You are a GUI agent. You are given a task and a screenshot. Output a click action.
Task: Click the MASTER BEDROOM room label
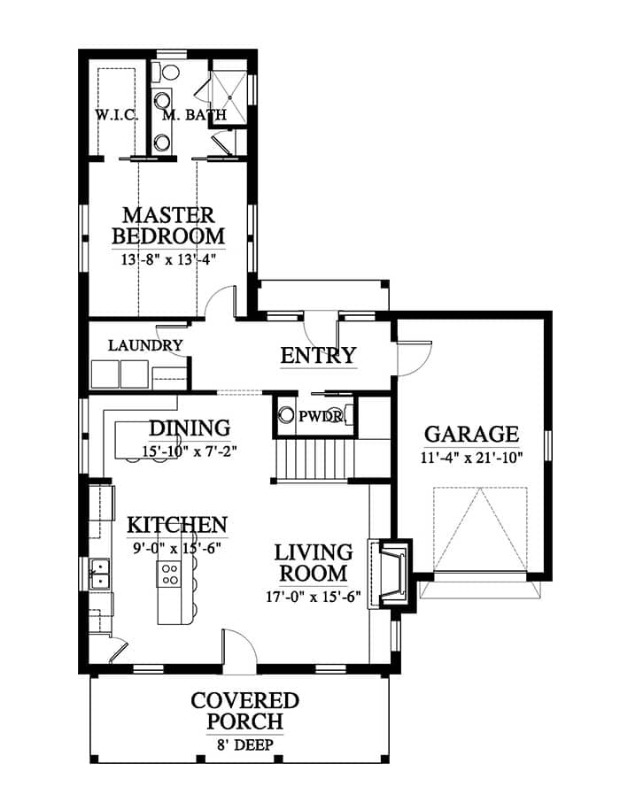[168, 226]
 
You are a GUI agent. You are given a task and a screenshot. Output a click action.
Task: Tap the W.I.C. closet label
[116, 114]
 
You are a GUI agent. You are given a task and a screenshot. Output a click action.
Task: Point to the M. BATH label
[194, 114]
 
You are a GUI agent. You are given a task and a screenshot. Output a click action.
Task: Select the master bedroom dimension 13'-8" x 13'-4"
[168, 259]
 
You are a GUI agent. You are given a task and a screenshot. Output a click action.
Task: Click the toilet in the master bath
[166, 72]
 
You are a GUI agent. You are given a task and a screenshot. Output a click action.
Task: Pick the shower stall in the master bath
[229, 96]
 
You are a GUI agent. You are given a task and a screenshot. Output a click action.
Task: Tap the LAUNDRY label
[145, 345]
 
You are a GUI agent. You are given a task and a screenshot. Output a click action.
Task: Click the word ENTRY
[318, 355]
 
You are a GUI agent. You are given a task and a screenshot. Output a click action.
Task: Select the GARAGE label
[471, 435]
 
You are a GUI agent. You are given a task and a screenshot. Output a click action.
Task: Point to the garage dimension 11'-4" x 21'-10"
[471, 458]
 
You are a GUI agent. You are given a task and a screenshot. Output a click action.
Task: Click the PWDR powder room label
[321, 416]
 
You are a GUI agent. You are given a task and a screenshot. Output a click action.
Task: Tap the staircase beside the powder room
[314, 459]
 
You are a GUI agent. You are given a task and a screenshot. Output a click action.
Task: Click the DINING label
[190, 428]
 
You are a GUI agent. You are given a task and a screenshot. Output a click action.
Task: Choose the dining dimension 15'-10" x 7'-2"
[190, 451]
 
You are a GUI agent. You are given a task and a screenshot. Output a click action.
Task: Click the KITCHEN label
[177, 525]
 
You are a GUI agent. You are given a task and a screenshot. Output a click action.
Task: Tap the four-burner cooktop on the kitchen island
[169, 574]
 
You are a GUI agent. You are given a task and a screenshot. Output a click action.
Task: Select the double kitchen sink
[100, 574]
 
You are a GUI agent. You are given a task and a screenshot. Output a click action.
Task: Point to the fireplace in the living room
[392, 573]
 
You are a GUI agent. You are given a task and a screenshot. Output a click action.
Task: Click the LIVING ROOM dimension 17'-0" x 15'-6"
[314, 597]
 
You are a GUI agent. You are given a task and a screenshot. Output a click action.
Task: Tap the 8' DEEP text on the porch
[245, 744]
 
